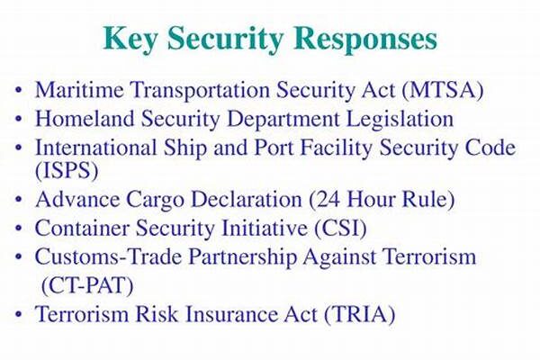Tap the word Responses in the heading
pos(365,39)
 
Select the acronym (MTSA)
pos(443,90)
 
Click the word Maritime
pos(79,90)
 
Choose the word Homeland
pos(85,119)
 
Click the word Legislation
pos(400,120)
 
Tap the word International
pos(96,147)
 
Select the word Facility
pos(337,148)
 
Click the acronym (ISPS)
pos(67,170)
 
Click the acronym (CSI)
pos(340,229)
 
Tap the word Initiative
pos(264,228)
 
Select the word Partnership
pos(242,257)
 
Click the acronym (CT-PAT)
pos(87,286)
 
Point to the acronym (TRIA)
pos(359,315)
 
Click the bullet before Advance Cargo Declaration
pos(19,200)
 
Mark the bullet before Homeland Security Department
pos(19,119)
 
